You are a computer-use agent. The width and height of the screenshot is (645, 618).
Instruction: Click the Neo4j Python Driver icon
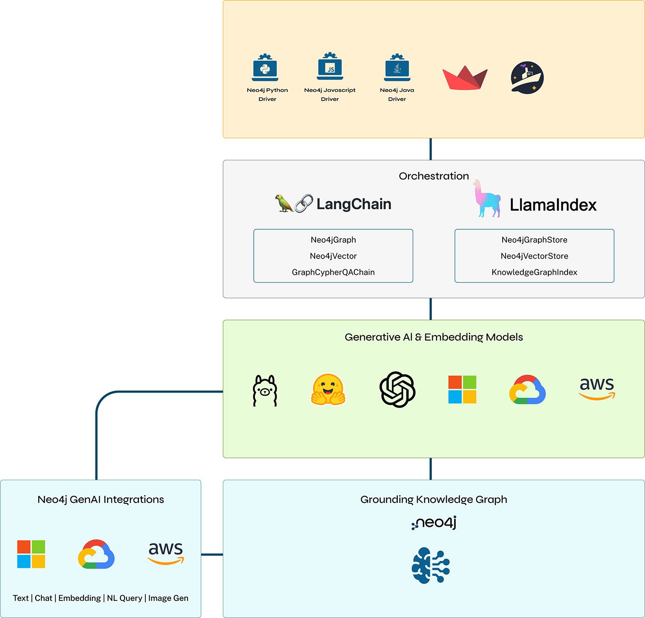click(265, 68)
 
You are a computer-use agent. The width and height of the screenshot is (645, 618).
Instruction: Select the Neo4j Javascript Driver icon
click(330, 67)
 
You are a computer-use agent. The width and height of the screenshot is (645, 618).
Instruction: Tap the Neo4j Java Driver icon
click(397, 68)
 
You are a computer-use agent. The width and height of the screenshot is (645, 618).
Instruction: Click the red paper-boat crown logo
click(464, 78)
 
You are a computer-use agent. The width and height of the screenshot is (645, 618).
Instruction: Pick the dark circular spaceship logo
click(527, 78)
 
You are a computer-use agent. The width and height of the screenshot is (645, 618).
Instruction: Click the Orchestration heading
click(433, 176)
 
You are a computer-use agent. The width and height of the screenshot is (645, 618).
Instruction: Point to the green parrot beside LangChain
click(283, 203)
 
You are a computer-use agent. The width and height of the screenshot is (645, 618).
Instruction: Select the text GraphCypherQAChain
click(333, 272)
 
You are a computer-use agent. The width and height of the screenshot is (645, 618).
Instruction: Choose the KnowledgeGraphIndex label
click(534, 272)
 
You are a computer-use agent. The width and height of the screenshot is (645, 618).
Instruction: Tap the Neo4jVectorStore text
click(534, 256)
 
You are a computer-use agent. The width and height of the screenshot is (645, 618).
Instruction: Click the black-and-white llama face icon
click(265, 390)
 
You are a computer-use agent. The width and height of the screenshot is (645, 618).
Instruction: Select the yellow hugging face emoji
click(328, 390)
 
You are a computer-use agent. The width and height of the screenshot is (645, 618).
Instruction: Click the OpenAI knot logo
click(397, 390)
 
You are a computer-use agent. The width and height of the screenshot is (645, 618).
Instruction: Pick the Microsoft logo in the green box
click(462, 390)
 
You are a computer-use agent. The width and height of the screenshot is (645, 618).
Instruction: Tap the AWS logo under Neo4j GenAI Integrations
click(166, 553)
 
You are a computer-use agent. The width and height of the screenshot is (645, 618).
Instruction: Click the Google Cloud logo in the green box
click(527, 390)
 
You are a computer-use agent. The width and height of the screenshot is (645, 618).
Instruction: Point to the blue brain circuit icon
click(430, 565)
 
